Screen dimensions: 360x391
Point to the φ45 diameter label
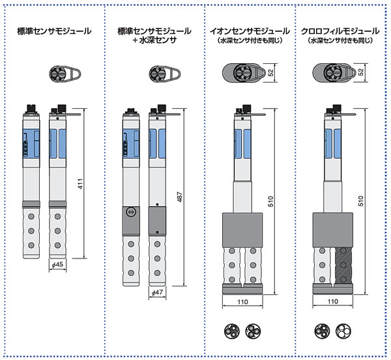click(x=56, y=266)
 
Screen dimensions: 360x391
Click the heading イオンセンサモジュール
click(x=249, y=31)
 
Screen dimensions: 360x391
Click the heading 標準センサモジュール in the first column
click(x=54, y=31)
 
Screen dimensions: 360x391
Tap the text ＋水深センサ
click(x=154, y=40)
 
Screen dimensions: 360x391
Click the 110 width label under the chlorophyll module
click(x=333, y=301)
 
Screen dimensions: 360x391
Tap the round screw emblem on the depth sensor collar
click(x=130, y=212)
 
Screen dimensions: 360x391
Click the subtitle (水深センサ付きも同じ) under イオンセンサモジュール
click(x=249, y=40)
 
